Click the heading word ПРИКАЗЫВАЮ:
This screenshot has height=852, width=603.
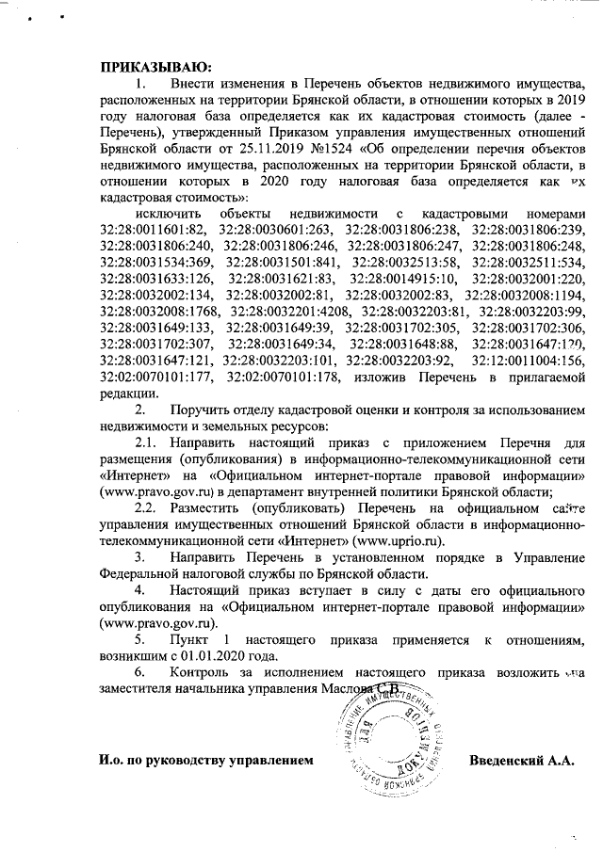coord(155,67)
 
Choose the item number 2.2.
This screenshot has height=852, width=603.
coord(147,506)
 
